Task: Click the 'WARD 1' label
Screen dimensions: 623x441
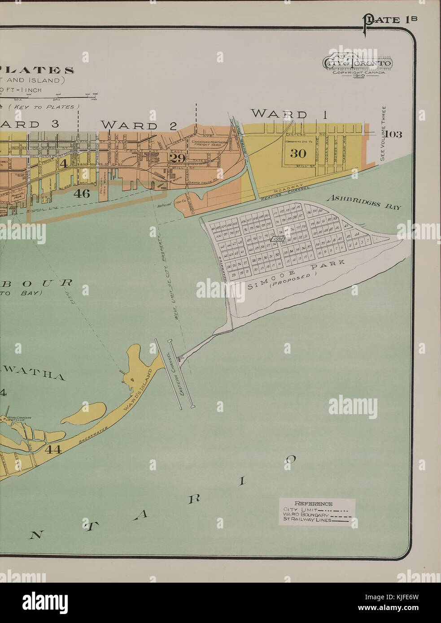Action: coord(288,114)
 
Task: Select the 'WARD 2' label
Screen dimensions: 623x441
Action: coord(138,125)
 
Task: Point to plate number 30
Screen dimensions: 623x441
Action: coord(297,154)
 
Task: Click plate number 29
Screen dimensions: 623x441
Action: coord(177,157)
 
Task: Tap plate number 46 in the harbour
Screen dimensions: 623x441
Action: coord(82,194)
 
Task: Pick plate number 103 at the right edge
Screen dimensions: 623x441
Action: coord(393,134)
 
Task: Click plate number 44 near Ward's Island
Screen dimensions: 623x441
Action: coord(52,450)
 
